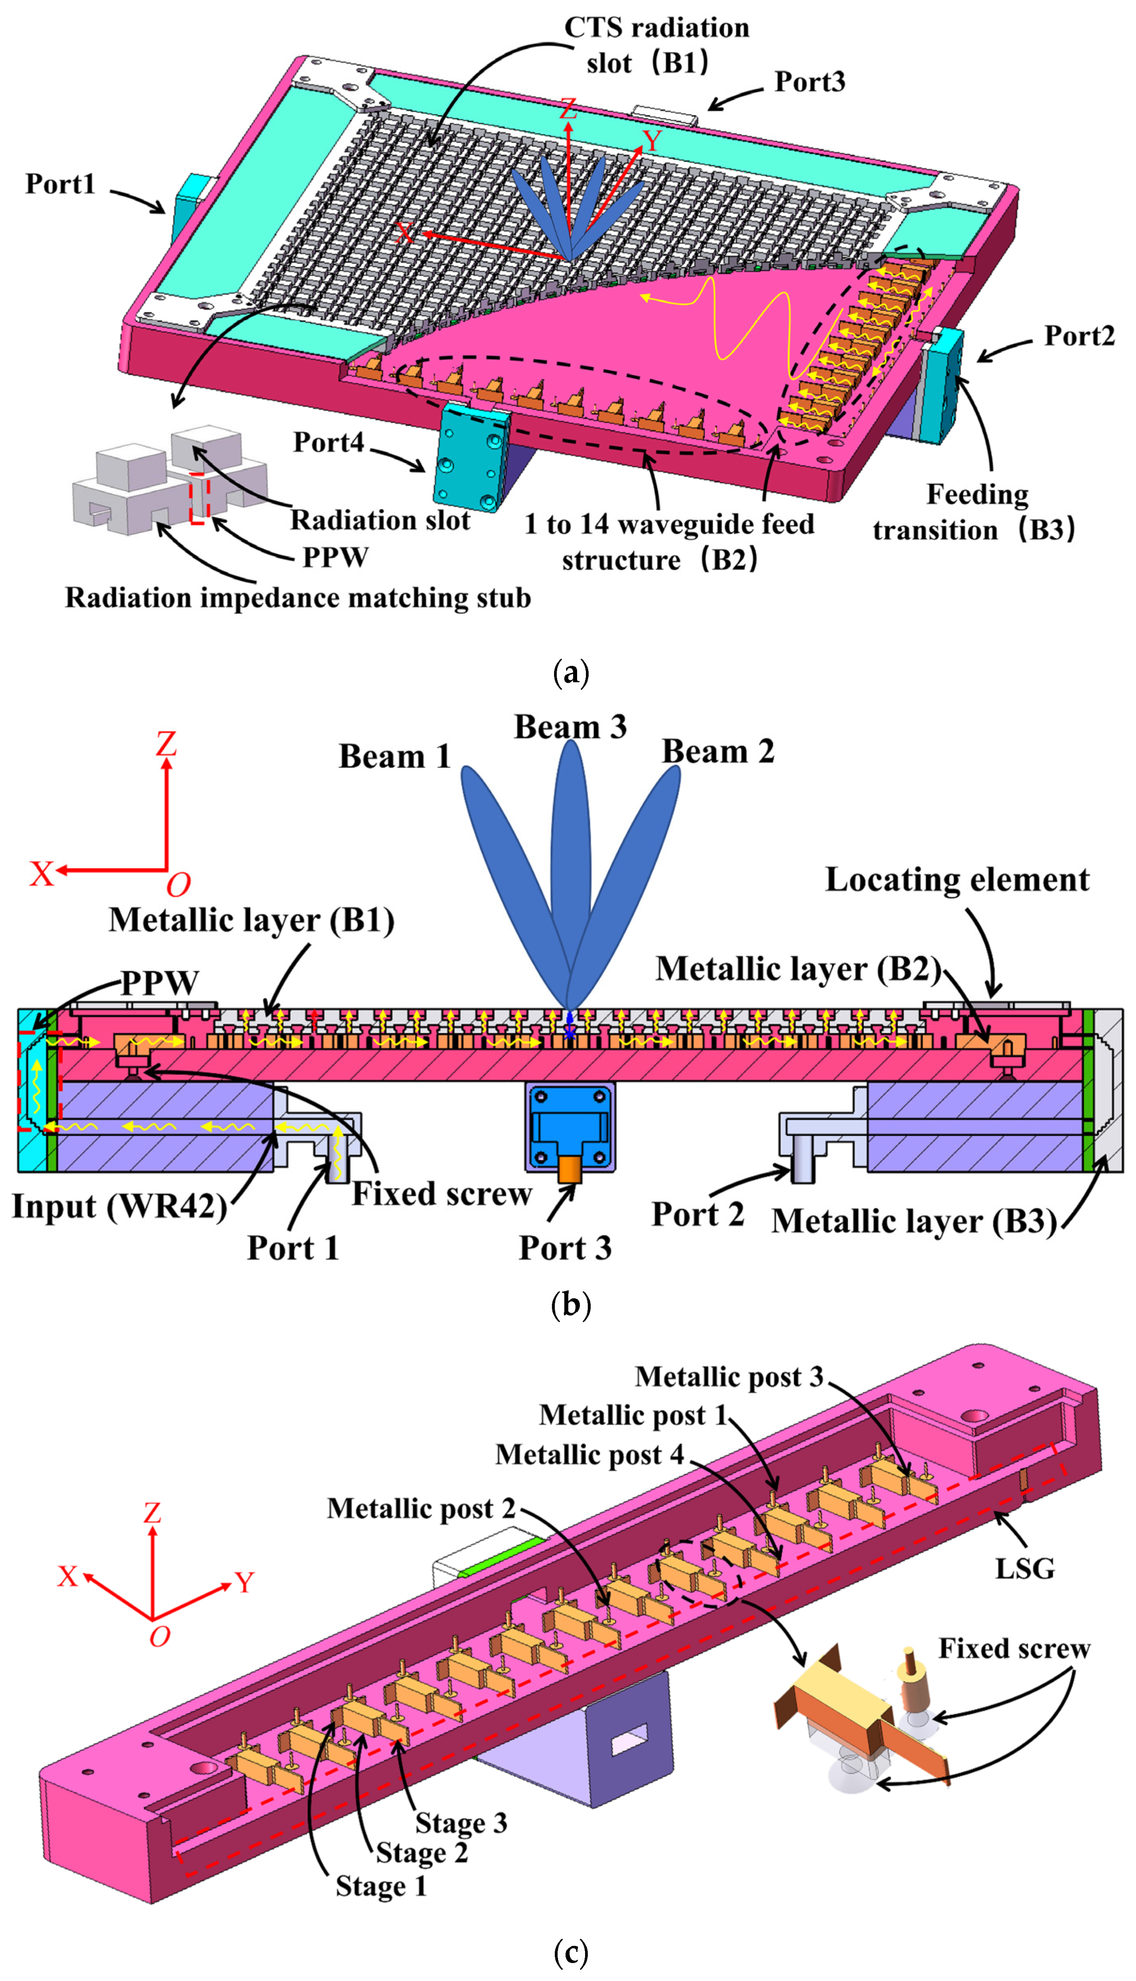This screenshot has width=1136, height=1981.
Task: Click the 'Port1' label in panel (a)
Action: (x=60, y=184)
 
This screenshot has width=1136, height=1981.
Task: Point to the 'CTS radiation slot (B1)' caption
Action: (x=656, y=45)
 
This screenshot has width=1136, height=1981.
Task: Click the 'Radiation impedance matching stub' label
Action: (x=297, y=597)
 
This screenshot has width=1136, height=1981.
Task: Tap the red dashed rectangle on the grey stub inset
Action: (x=200, y=498)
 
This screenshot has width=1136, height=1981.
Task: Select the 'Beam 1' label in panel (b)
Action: (x=395, y=757)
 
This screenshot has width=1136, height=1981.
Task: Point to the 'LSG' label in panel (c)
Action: (x=1024, y=1568)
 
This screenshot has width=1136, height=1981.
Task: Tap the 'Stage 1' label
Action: (x=381, y=1886)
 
